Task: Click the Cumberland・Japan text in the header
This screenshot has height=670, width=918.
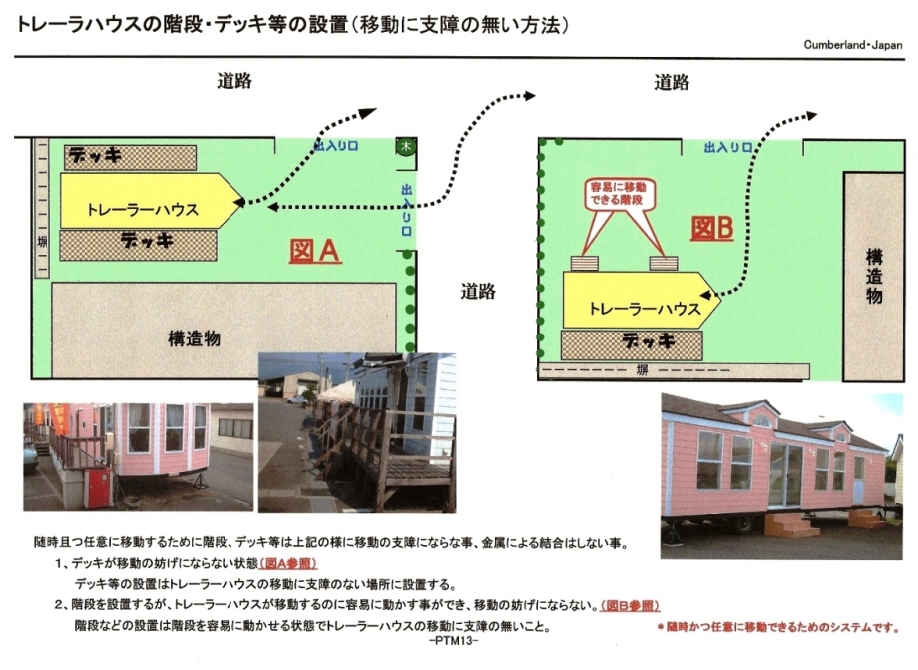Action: click(x=852, y=45)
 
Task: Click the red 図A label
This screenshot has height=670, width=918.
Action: click(x=315, y=251)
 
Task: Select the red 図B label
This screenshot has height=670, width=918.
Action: click(x=711, y=228)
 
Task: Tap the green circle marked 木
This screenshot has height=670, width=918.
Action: click(x=406, y=145)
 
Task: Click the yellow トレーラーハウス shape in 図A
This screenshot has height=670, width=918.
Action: click(x=151, y=201)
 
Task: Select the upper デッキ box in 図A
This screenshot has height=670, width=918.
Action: click(x=130, y=157)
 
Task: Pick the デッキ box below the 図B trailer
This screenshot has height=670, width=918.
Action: click(x=632, y=344)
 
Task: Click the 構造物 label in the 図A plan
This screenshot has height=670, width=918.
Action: click(x=194, y=338)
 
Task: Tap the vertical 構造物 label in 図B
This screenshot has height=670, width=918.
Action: click(x=873, y=276)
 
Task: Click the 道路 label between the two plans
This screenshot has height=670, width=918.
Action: click(x=478, y=292)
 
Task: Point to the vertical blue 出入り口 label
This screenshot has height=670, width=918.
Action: click(x=406, y=209)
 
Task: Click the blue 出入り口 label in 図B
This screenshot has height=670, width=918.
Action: click(x=727, y=147)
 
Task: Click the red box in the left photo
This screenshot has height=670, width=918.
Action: click(x=97, y=488)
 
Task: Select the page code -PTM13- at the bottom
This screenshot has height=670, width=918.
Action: click(x=454, y=641)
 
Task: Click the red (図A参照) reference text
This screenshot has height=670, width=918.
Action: click(x=288, y=563)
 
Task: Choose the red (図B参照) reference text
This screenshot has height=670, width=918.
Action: click(x=630, y=605)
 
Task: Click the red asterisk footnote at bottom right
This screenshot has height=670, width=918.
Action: click(x=777, y=627)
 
